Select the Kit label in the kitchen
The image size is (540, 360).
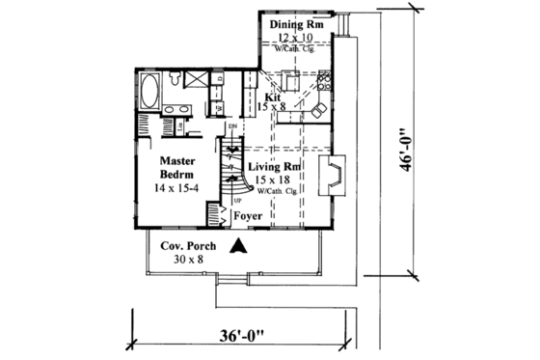click(272, 97)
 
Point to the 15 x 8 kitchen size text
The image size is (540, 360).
click(273, 107)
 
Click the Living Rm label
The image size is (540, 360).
click(276, 167)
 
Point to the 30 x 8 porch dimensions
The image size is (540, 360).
click(175, 260)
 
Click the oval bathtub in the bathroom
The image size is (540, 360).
click(148, 93)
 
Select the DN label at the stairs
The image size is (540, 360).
click(232, 126)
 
